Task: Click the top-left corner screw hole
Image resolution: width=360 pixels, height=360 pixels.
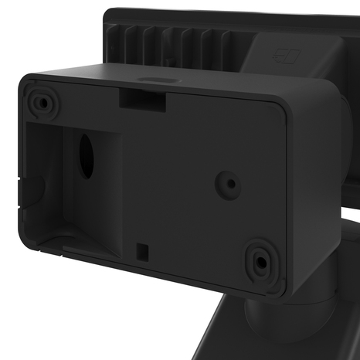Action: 41,101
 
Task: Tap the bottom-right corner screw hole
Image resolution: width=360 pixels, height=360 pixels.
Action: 261,262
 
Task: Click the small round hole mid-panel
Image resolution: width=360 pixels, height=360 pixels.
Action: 229,183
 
